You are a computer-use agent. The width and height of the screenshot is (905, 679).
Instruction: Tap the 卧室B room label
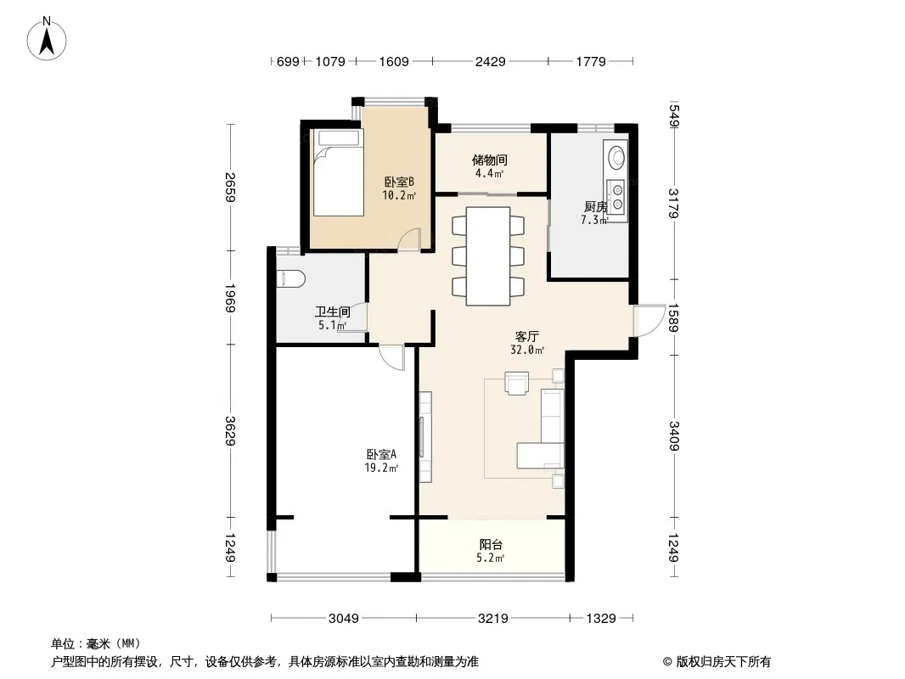click(x=399, y=182)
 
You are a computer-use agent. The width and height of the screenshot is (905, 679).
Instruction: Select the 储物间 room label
click(x=490, y=160)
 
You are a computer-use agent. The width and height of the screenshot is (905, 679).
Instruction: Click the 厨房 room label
click(x=594, y=206)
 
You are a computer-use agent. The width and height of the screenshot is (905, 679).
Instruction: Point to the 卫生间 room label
click(x=332, y=311)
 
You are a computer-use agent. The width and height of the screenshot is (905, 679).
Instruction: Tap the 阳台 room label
click(x=491, y=545)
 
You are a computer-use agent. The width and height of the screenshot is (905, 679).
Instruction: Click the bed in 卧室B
click(x=338, y=173)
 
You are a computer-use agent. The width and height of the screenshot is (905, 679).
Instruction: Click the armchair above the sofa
click(x=516, y=383)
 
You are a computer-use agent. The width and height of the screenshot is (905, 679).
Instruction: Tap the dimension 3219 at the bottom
click(x=492, y=618)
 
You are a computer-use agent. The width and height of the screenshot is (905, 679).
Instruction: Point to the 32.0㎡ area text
click(x=527, y=349)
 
